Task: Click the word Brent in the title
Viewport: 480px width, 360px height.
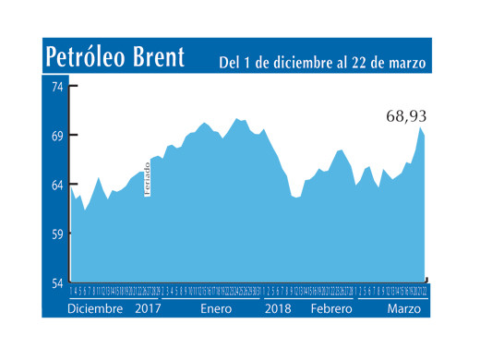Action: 161,57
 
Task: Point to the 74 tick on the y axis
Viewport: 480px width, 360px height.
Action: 55,87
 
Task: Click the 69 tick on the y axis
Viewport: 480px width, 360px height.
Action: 55,136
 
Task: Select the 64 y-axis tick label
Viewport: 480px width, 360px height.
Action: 55,185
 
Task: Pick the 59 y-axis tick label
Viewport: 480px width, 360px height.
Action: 55,234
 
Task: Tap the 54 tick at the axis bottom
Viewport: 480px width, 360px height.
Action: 55,283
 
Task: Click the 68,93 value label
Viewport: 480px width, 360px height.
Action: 407,117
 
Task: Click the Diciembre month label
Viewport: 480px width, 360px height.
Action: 95,309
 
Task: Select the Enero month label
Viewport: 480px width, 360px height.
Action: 216,309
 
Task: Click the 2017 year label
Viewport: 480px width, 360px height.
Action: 149,309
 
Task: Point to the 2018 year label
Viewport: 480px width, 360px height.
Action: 279,309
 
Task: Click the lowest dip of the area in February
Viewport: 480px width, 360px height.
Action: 295,198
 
